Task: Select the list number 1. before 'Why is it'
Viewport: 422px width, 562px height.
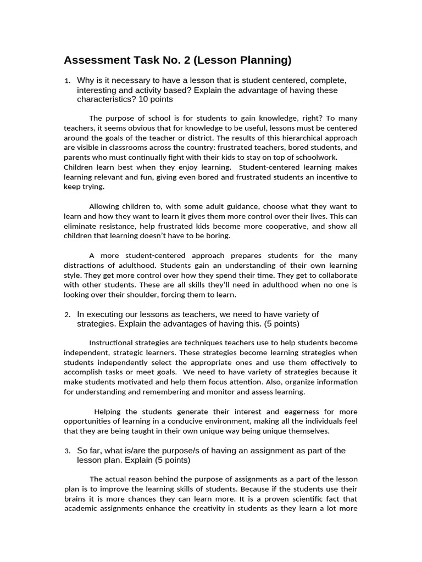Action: coord(67,81)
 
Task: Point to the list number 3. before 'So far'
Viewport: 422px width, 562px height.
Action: coord(67,451)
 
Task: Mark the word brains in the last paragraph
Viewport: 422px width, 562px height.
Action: coord(76,499)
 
